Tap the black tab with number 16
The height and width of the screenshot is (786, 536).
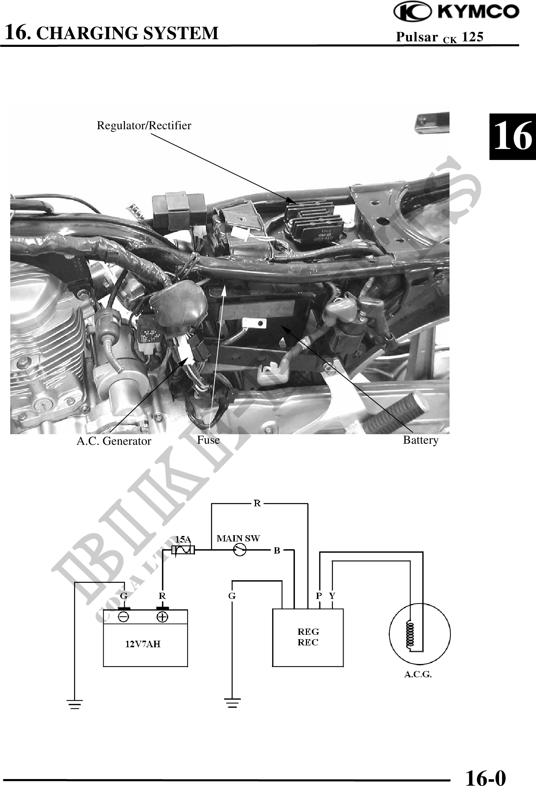(513, 137)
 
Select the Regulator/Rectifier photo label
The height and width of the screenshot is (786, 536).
(144, 126)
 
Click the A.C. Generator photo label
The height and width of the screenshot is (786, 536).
(114, 441)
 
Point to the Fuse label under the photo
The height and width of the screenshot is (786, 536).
(208, 440)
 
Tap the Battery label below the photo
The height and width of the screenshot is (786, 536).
(421, 440)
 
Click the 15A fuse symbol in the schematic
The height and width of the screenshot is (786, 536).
(183, 550)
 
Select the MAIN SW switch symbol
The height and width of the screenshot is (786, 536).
(240, 550)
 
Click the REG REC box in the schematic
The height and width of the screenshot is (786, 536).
(308, 637)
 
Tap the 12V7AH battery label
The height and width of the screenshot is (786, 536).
(143, 644)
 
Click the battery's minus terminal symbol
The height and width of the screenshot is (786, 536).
(123, 617)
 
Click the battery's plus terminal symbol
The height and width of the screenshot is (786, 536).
(162, 617)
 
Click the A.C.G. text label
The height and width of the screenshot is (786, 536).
(418, 674)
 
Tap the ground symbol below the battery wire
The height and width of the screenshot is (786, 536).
(75, 704)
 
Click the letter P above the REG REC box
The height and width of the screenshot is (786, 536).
(319, 596)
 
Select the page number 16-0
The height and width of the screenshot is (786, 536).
(485, 777)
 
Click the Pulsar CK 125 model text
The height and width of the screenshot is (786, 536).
(440, 37)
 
